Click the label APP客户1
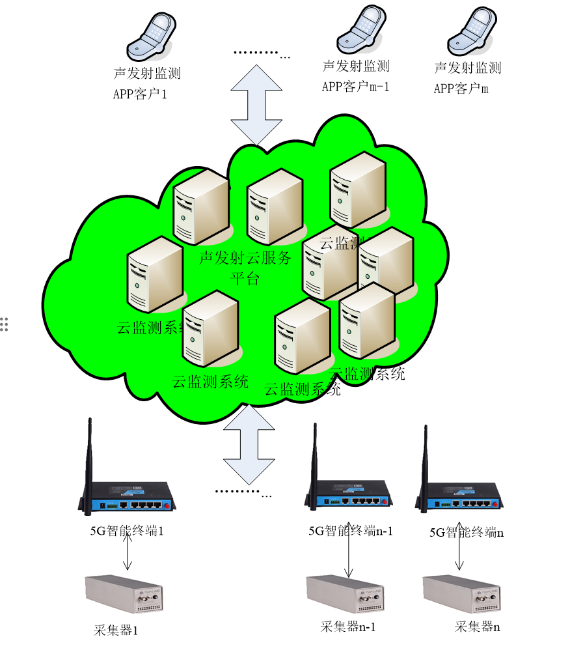[x=140, y=94]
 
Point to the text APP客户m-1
[x=355, y=87]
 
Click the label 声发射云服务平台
[x=245, y=267]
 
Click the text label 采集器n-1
[x=348, y=628]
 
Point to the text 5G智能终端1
[x=126, y=531]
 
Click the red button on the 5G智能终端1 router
[x=167, y=505]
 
